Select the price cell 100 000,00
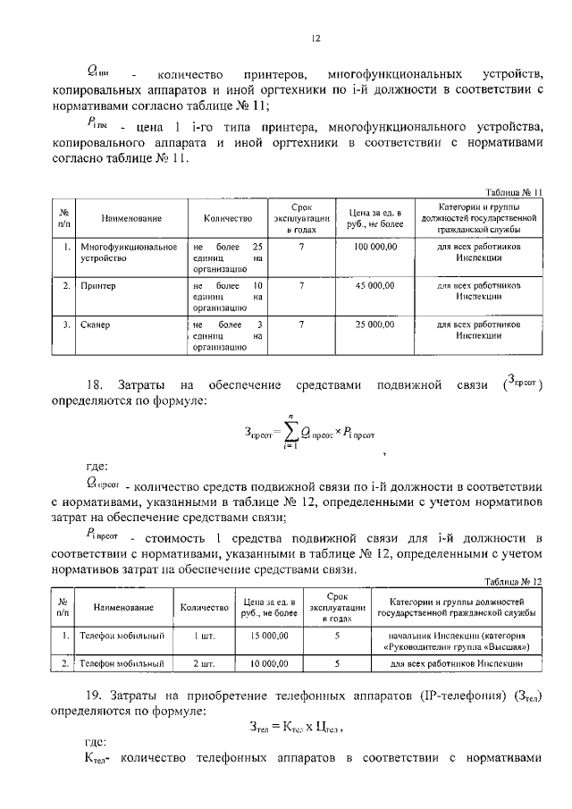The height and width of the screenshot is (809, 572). pyautogui.click(x=375, y=246)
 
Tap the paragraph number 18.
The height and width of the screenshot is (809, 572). pyautogui.click(x=97, y=384)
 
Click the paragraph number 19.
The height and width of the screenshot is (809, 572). pyautogui.click(x=97, y=695)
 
